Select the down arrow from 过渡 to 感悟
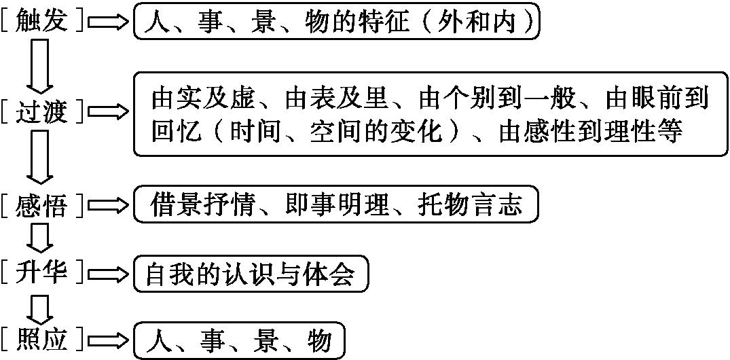(x=40, y=159)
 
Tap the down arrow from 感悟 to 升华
(x=40, y=239)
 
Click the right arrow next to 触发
(x=108, y=22)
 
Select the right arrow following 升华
(x=108, y=273)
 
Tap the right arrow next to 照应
(x=108, y=340)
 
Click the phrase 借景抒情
(x=202, y=204)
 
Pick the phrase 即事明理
(x=337, y=204)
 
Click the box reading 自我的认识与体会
(x=251, y=273)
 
